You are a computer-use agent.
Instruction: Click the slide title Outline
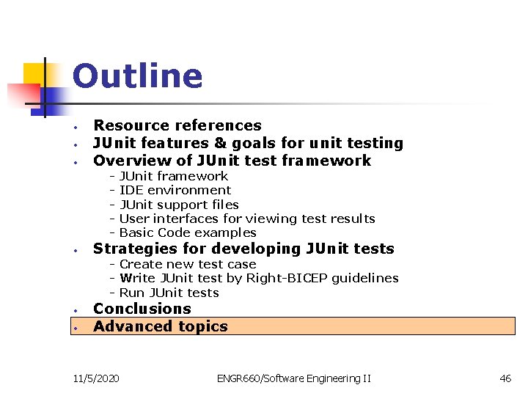point(137,76)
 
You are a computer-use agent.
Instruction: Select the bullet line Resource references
point(177,125)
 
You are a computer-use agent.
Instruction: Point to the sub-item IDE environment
point(175,190)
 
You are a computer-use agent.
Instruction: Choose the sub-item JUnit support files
point(179,205)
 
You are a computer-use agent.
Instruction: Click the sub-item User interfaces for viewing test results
point(246,219)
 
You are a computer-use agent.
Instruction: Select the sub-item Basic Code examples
point(188,232)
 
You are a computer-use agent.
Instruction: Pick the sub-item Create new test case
point(188,264)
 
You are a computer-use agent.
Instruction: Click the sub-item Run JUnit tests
point(169,293)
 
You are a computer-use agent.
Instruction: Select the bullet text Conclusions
point(142,309)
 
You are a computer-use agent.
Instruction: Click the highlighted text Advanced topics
point(160,326)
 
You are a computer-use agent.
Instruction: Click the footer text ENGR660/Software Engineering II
point(293,378)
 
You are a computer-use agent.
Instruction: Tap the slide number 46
point(505,378)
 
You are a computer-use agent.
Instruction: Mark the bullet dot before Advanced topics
point(76,327)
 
